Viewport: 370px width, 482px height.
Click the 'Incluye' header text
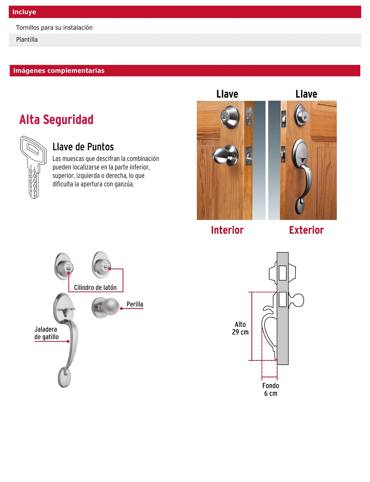[x=24, y=12]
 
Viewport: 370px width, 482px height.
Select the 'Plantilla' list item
[x=27, y=40]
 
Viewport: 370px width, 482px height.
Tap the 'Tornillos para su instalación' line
[x=54, y=28]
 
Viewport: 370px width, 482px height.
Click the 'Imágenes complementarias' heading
[x=59, y=71]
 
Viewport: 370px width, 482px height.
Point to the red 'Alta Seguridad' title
[x=56, y=120]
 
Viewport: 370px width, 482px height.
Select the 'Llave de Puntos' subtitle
[x=83, y=147]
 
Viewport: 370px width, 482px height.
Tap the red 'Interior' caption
[x=227, y=230]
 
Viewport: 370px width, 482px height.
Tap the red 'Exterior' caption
[x=306, y=230]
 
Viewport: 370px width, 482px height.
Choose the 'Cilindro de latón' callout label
[x=95, y=288]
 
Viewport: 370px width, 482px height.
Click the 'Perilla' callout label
[x=135, y=304]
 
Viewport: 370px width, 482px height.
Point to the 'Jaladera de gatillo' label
[x=46, y=333]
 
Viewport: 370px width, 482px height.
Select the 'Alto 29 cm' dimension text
[x=240, y=328]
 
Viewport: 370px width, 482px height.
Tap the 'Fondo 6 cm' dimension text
[x=270, y=389]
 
